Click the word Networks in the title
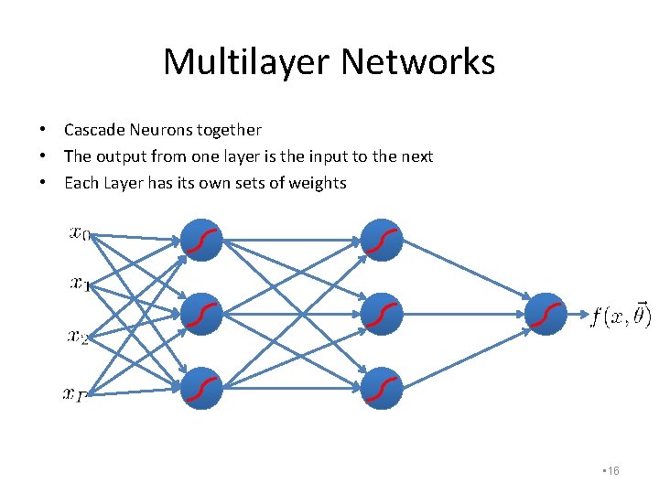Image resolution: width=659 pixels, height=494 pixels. pos(418,62)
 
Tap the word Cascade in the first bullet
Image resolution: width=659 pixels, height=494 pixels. pos(95,130)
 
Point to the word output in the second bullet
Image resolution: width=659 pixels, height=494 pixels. pos(122,156)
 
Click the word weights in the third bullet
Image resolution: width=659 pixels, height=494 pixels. pos(318,183)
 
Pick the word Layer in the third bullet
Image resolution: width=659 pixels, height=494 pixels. pos(123,183)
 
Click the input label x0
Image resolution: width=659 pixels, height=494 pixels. pos(80,233)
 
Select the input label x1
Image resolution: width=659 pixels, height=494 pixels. pos(80,284)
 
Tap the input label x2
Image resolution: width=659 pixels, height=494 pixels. pos(79,337)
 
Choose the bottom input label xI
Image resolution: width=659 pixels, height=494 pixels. pos(74,393)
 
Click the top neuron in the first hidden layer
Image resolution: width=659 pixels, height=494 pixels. pos(201,240)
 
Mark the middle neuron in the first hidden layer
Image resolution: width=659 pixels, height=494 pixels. pos(201,315)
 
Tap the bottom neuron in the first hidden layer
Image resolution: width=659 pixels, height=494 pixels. pos(201,388)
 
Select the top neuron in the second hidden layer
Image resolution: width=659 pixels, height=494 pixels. pos(382,240)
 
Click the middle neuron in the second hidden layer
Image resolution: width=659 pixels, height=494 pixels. pos(382,315)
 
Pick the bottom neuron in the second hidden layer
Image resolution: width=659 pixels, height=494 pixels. pos(382,388)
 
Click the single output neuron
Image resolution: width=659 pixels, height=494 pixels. pos(547,314)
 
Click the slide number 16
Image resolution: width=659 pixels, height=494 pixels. pos(612,470)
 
